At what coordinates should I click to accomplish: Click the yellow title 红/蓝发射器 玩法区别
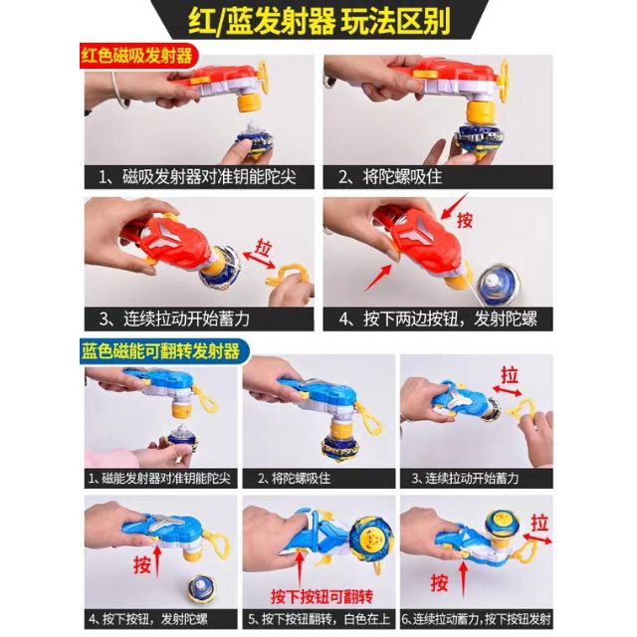[x=319, y=21]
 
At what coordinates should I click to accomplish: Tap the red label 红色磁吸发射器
[x=136, y=56]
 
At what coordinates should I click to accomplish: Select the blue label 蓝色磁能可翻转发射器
[x=161, y=351]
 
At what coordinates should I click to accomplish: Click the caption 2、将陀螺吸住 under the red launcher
[x=390, y=177]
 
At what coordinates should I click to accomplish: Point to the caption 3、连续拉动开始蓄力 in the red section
[x=175, y=318]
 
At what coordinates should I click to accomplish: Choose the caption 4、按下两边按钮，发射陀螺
[x=438, y=318]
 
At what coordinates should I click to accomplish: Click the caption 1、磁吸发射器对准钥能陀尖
[x=197, y=177]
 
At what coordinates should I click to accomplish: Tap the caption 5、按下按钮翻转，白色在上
[x=318, y=619]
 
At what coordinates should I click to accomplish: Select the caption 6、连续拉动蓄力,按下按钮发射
[x=477, y=619]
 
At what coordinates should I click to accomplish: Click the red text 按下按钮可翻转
[x=321, y=597]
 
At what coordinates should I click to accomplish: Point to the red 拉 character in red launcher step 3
[x=264, y=248]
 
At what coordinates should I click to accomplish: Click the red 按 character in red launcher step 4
[x=465, y=220]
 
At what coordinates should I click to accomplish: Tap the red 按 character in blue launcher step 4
[x=141, y=564]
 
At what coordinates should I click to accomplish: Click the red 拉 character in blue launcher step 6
[x=539, y=523]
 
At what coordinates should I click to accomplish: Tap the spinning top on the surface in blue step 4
[x=202, y=588]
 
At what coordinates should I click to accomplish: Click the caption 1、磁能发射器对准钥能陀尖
[x=159, y=478]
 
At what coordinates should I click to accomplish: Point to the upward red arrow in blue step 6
[x=462, y=578]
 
